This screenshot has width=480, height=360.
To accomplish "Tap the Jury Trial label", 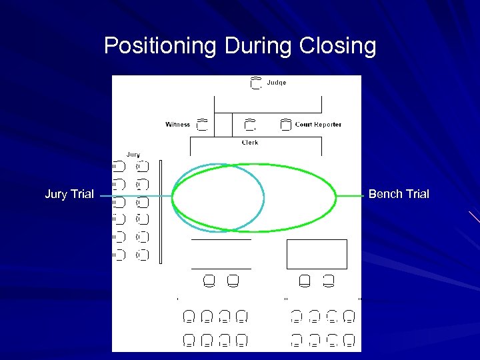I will click(69, 195).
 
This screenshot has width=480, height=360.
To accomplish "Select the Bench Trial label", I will click(399, 195).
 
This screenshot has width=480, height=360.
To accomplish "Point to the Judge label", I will click(277, 83).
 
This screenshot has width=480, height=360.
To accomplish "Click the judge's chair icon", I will click(255, 83).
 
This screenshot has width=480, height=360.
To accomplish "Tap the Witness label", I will click(178, 125).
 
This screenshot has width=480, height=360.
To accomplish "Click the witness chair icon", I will click(203, 125).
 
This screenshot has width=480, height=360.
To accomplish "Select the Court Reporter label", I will click(318, 125).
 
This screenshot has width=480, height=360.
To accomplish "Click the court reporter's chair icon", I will click(285, 125).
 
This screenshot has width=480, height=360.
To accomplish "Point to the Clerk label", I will click(250, 143).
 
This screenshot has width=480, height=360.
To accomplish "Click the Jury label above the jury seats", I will click(133, 155).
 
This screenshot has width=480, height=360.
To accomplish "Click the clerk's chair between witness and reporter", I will click(250, 125).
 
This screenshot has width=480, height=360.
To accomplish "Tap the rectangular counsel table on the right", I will click(317, 254).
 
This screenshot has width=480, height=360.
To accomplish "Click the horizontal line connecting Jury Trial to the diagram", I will click(133, 197).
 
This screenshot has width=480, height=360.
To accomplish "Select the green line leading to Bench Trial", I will click(351, 196).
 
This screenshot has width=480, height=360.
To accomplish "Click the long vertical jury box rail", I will click(160, 211).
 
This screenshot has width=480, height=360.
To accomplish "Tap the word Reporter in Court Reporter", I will click(327, 125).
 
